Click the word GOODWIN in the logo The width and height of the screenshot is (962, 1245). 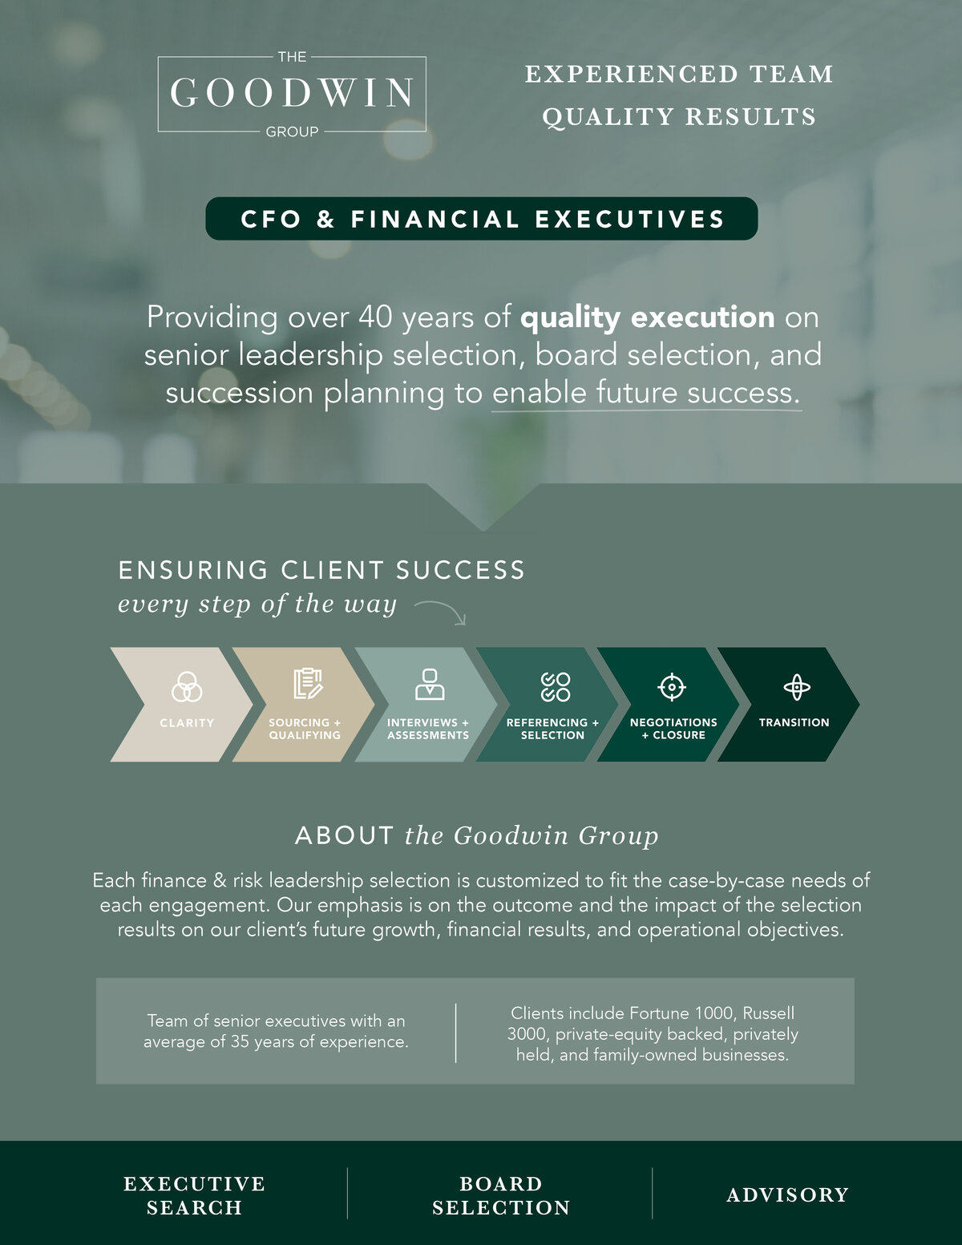coord(292,93)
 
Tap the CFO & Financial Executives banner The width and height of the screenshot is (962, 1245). coord(481,218)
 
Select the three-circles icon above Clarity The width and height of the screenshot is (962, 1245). coord(187,686)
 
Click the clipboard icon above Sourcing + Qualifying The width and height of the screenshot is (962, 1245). coord(309,684)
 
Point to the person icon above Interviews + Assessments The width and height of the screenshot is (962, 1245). coord(430,684)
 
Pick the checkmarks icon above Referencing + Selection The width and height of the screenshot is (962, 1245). coord(556,687)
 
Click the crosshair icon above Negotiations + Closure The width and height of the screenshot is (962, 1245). coord(672,687)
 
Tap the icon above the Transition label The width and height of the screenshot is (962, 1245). coord(796,687)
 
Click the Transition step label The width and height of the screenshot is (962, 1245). coord(794,722)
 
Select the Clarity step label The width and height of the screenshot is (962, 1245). coord(187,723)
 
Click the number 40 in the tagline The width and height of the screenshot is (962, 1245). coord(376,317)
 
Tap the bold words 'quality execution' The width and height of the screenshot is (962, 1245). coord(648,318)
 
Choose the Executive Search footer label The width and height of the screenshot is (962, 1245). coord(195,1195)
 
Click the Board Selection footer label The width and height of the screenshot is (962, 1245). coord(501,1195)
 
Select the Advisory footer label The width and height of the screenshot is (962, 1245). coord(788,1195)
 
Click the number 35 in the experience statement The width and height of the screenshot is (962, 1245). coord(240,1041)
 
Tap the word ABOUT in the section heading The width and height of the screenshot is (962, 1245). coord(345,836)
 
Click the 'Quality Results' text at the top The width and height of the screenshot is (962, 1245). coord(680,117)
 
